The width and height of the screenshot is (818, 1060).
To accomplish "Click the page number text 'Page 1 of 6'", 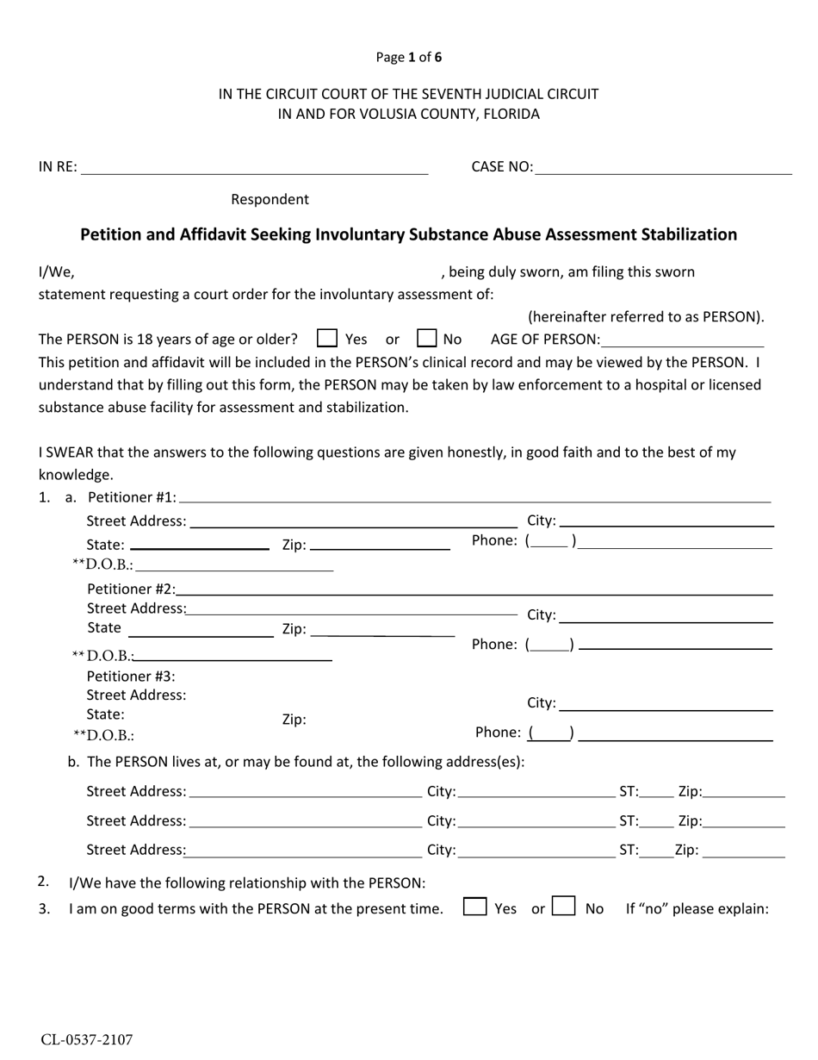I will click(409, 58).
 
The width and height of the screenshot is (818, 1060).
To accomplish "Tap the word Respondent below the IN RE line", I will click(270, 200).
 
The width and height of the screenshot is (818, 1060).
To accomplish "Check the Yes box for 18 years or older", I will click(327, 339).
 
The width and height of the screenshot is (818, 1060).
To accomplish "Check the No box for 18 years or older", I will click(426, 339).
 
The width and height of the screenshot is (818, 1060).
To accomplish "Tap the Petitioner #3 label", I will click(131, 677).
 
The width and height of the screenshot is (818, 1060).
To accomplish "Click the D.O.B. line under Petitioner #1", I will click(233, 567).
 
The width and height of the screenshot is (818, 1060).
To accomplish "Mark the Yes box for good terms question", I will click(474, 907).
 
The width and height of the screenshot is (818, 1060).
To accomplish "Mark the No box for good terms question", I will click(564, 907).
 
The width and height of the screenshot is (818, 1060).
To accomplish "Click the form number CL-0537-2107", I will click(87, 1040).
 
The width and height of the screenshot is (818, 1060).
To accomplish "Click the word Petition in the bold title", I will click(113, 234).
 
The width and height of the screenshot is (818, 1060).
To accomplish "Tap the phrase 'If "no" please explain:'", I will click(697, 908).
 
